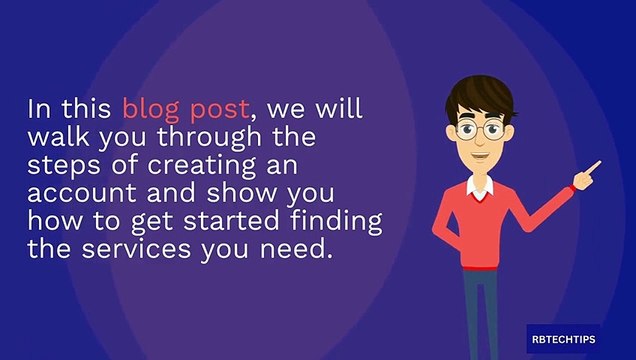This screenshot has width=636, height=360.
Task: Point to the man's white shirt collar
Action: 480,184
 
